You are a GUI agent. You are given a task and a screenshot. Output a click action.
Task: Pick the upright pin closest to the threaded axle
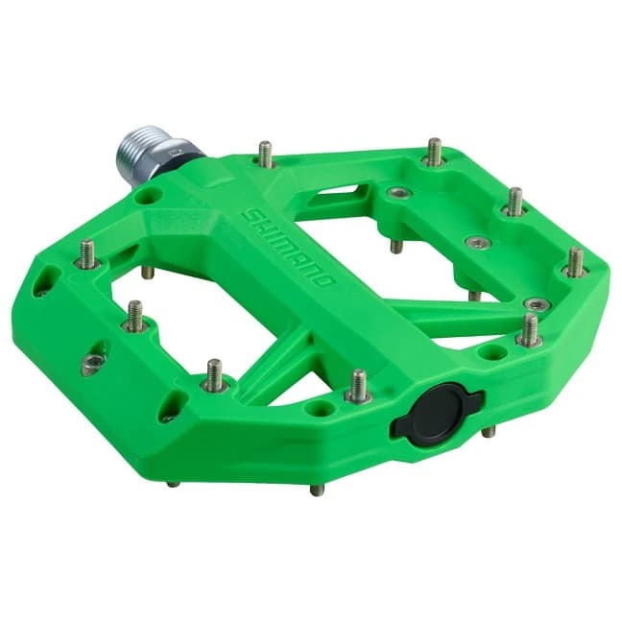[x=266, y=154]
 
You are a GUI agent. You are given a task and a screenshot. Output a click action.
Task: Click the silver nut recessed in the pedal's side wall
[x=93, y=361]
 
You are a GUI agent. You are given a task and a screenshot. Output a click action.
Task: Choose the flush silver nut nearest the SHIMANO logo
[x=395, y=193]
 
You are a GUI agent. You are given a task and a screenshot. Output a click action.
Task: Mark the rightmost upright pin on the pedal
[x=575, y=261]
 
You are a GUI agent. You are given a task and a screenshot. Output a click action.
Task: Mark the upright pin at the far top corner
[x=434, y=151]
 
